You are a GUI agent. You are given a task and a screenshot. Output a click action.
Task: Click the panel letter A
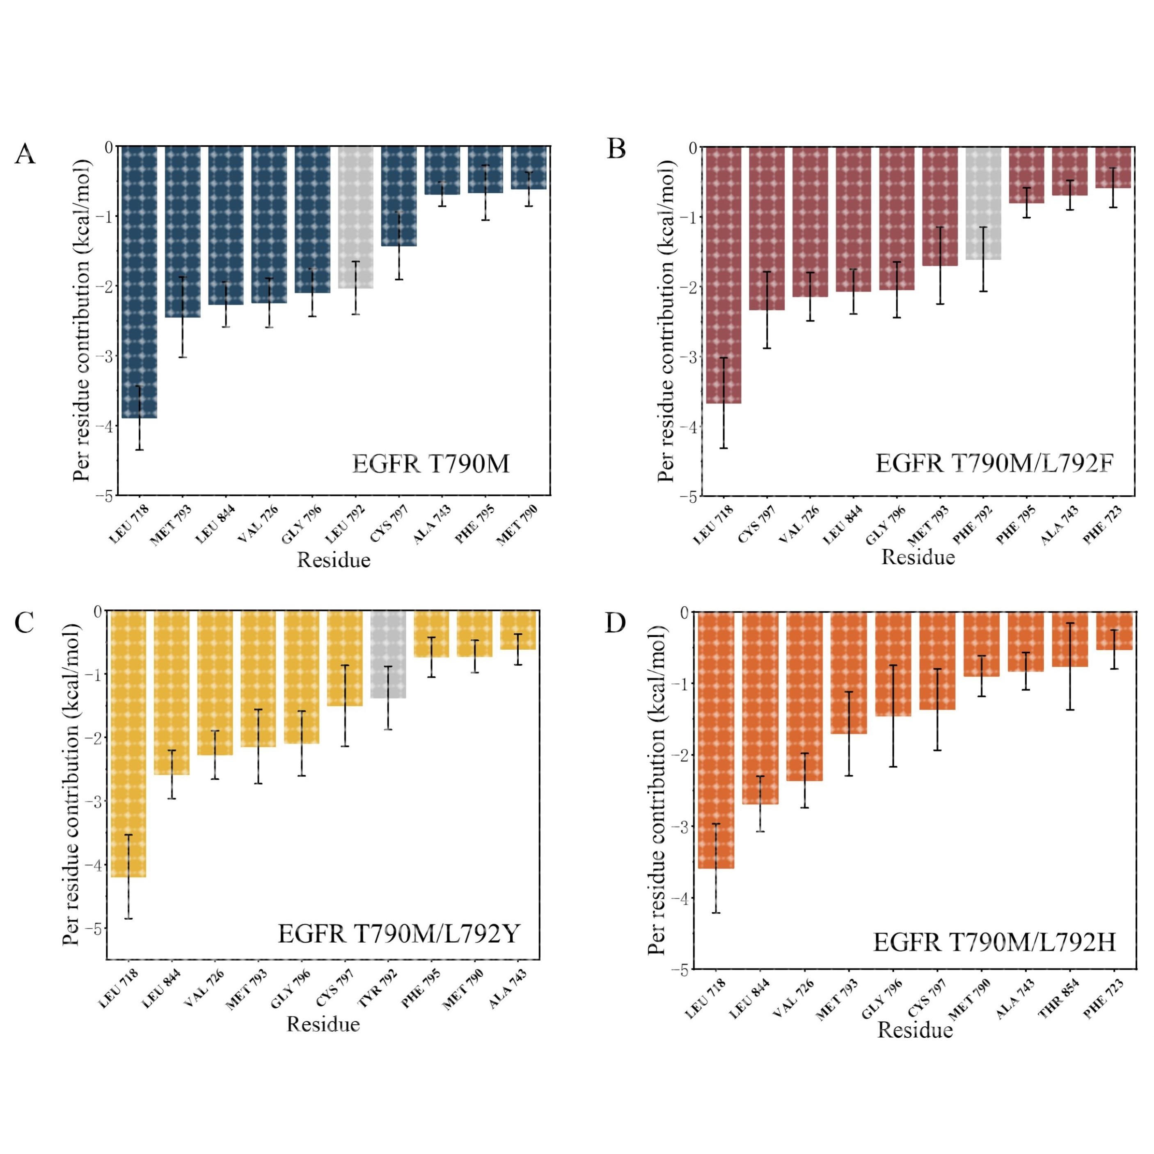point(25,154)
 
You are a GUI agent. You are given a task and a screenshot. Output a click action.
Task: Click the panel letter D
point(615,623)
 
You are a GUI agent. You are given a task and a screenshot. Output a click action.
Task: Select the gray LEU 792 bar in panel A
point(355,218)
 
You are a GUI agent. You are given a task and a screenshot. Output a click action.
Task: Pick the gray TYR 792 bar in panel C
point(388,654)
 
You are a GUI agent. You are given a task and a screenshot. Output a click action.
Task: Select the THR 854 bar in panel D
point(1070,639)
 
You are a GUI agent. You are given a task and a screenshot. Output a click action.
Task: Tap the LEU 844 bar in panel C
point(172,693)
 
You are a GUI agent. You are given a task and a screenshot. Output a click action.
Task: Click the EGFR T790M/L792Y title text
point(399,934)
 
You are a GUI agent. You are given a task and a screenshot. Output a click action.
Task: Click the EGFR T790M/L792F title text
point(994,463)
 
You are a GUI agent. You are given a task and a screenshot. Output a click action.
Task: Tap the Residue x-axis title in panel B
point(918,557)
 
